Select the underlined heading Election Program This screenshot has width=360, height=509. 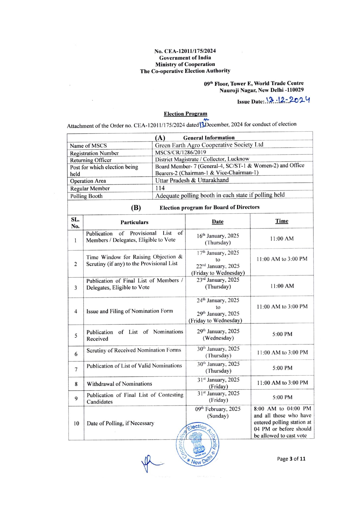(x=185, y=114)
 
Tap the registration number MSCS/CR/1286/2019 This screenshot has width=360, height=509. (x=180, y=152)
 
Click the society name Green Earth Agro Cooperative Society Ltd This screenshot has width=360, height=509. (x=209, y=145)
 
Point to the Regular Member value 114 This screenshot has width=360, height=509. (x=160, y=188)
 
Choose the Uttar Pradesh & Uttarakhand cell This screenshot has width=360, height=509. (x=192, y=180)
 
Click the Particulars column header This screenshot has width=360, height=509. (x=134, y=222)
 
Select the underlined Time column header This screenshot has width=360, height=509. (x=282, y=221)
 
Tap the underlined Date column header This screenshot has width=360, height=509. (x=218, y=222)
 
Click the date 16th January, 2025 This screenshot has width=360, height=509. (x=218, y=236)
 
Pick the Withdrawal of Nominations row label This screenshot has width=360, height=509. (x=119, y=384)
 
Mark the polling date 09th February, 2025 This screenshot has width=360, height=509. (x=218, y=409)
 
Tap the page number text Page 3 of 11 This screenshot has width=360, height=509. (x=291, y=459)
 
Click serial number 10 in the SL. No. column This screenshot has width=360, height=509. (x=76, y=423)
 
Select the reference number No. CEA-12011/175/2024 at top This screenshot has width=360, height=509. (x=185, y=51)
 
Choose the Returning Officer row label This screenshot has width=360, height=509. (x=91, y=160)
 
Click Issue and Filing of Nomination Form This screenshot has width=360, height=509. (x=129, y=311)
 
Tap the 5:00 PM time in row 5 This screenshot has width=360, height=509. (x=282, y=334)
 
